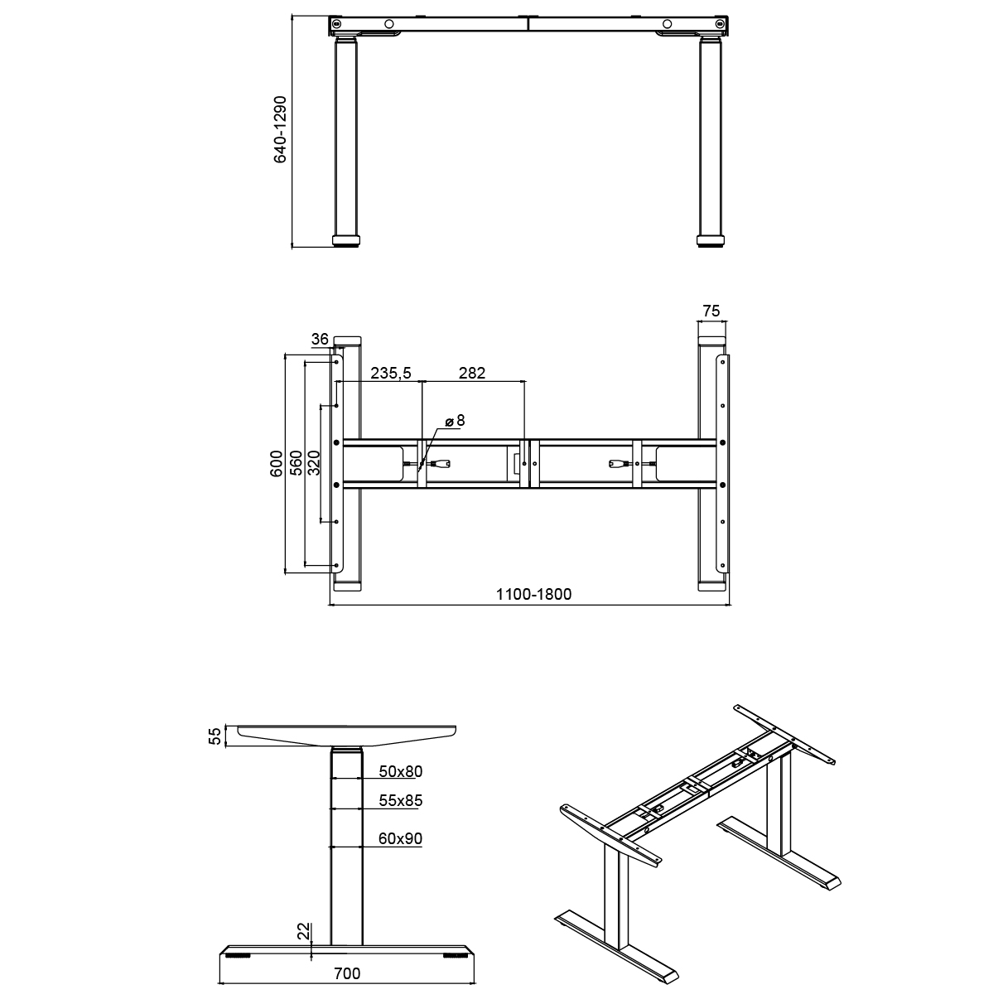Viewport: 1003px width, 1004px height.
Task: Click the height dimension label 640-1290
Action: [281, 129]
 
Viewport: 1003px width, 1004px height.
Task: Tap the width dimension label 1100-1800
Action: [533, 594]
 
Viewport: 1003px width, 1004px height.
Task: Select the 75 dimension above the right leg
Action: [711, 311]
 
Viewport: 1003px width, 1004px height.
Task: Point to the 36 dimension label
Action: [320, 339]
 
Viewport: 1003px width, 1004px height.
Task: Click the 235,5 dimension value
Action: [391, 373]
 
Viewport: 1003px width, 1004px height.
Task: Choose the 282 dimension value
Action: [472, 373]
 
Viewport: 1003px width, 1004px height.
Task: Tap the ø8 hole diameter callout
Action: [456, 421]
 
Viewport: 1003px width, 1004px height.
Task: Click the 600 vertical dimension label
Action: [276, 463]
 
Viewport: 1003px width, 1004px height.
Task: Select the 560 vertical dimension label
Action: [296, 463]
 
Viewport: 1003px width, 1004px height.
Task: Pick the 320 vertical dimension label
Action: [314, 463]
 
